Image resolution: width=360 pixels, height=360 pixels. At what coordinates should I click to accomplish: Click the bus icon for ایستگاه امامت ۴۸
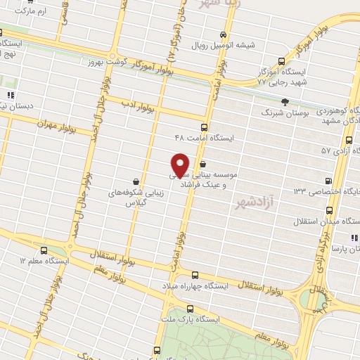coord(204,127)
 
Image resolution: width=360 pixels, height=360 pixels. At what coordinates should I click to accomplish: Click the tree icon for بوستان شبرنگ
coord(304,102)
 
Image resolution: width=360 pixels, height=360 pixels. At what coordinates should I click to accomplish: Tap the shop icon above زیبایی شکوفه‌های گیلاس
coord(135,181)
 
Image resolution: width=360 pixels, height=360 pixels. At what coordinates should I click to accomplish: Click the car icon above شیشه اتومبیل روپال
coord(223,35)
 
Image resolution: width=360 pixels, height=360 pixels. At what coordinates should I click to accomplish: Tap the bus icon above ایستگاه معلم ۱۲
coord(44,250)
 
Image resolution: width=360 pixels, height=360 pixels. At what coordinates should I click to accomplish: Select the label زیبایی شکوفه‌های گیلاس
coord(135,196)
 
